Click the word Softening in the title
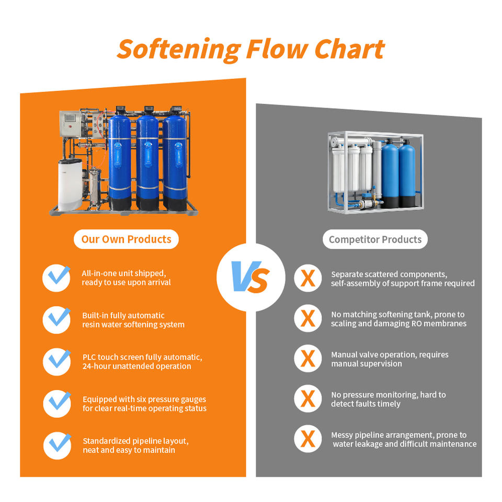(179, 50)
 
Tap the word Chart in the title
(349, 49)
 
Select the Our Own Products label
(126, 239)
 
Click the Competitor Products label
(375, 239)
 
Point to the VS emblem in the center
(250, 277)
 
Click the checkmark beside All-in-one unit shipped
(57, 277)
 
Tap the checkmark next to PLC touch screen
(58, 361)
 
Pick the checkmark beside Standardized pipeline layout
(58, 446)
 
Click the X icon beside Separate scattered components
(308, 278)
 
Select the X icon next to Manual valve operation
(308, 358)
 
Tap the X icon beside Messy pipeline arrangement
(308, 439)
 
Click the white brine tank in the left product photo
(70, 185)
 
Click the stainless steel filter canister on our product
(95, 187)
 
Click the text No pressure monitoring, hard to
(389, 395)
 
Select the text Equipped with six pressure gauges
(144, 399)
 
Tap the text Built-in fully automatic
(123, 315)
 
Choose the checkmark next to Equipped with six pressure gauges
(58, 403)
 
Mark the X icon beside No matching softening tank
(308, 318)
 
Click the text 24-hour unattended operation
(136, 366)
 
